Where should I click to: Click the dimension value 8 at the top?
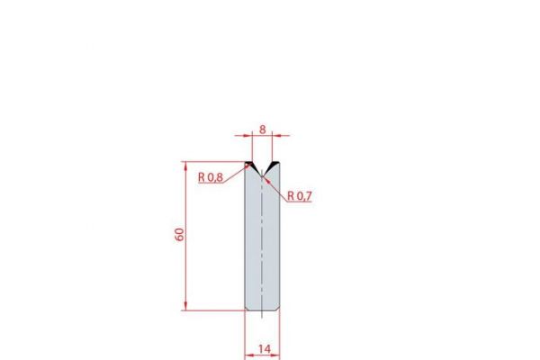[262, 128]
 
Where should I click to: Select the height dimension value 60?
[179, 235]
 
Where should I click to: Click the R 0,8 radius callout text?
[211, 177]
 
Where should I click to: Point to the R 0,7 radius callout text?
[300, 195]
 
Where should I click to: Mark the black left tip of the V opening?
[250, 164]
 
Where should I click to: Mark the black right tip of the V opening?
[274, 164]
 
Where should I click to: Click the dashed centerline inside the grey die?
[262, 243]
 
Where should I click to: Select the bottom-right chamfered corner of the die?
[277, 309]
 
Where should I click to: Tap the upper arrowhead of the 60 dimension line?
[186, 166]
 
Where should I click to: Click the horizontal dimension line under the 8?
[262, 135]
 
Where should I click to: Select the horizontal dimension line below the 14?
[262, 356]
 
